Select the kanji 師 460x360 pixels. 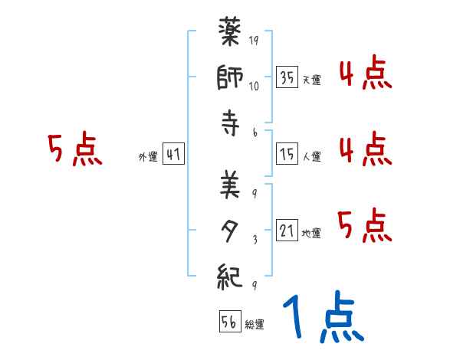[x=232, y=79]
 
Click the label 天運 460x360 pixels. [x=311, y=80]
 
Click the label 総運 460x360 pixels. [x=255, y=325]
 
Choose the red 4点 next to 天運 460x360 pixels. [x=365, y=74]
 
